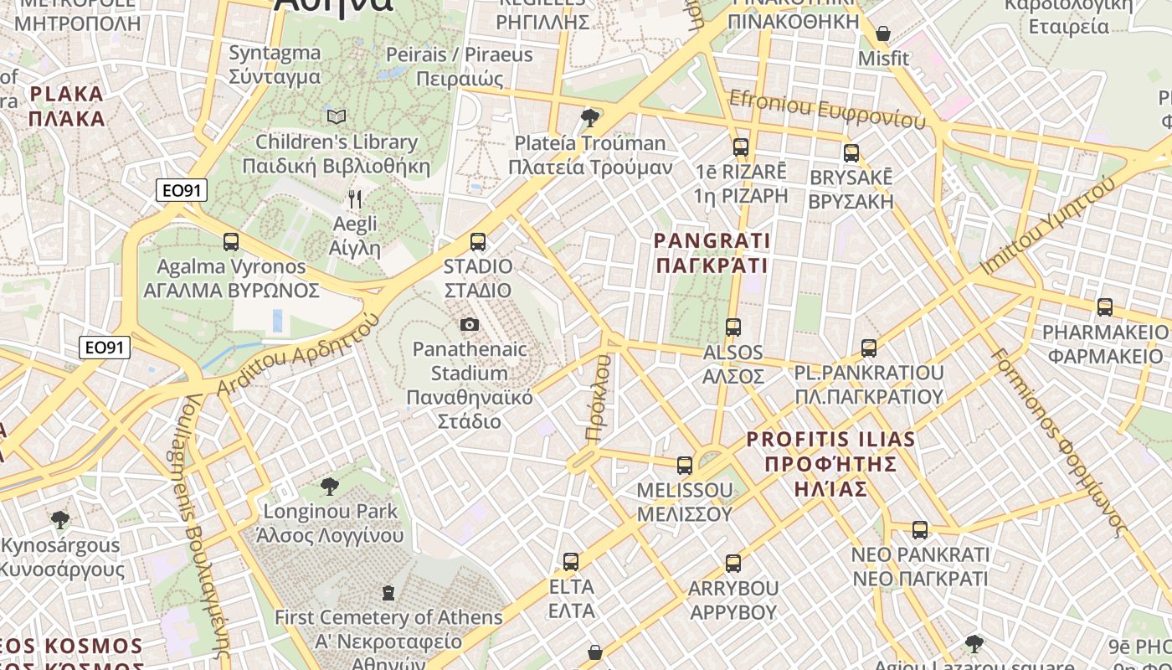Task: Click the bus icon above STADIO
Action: (x=478, y=242)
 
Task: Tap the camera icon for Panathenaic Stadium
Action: (x=470, y=324)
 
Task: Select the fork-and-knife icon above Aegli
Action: (x=355, y=199)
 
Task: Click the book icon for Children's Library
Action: (x=337, y=116)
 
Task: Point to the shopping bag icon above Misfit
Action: (x=882, y=34)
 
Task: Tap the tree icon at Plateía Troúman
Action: (x=590, y=117)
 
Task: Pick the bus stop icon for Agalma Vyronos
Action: (x=231, y=242)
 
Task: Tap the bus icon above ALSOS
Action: (x=733, y=327)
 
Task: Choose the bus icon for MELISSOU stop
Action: (x=685, y=466)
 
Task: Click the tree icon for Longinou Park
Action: (x=330, y=487)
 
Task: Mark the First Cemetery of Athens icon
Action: (x=388, y=594)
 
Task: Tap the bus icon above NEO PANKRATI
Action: (x=920, y=530)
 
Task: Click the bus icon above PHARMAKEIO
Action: (x=1105, y=307)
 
